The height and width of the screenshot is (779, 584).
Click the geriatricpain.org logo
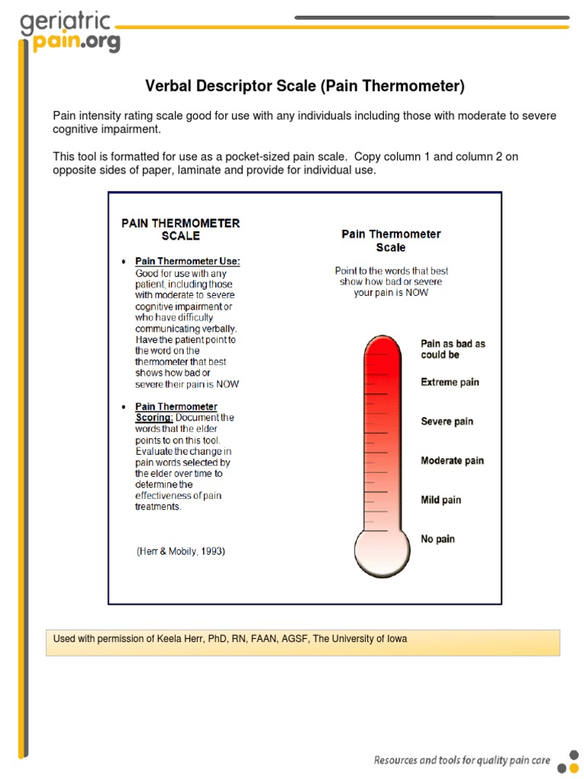click(x=68, y=32)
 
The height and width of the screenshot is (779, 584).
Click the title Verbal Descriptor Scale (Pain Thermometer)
click(x=304, y=86)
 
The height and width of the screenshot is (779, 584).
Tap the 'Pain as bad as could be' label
click(x=452, y=349)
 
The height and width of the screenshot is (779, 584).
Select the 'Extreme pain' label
click(x=449, y=382)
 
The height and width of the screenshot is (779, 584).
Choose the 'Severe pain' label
click(x=446, y=421)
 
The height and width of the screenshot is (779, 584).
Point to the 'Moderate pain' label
click(x=452, y=460)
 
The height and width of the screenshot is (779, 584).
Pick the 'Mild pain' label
click(x=441, y=500)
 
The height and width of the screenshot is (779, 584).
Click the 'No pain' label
click(x=437, y=539)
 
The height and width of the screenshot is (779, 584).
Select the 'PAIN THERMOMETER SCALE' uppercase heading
click(x=180, y=229)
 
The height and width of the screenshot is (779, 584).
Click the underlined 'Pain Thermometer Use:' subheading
click(x=187, y=262)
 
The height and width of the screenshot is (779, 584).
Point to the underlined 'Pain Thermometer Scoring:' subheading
click(x=176, y=412)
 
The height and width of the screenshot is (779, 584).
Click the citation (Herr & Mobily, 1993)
click(x=180, y=552)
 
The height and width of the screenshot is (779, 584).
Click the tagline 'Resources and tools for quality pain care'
click(x=462, y=759)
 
